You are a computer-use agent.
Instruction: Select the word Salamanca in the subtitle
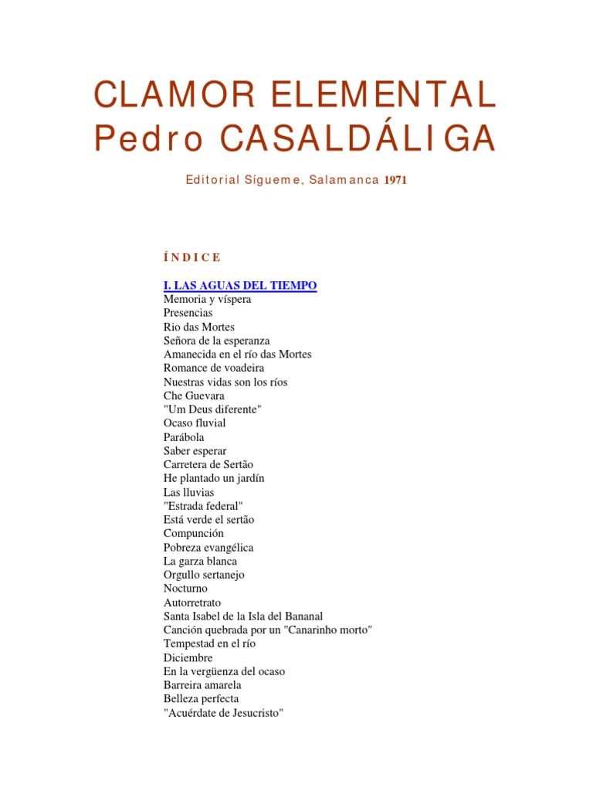pyautogui.click(x=344, y=181)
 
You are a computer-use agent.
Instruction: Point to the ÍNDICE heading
pyautogui.click(x=192, y=257)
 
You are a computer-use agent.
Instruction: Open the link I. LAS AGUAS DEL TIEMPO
pyautogui.click(x=240, y=286)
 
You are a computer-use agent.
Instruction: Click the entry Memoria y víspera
pyautogui.click(x=207, y=300)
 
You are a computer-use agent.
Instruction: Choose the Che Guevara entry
pyautogui.click(x=194, y=395)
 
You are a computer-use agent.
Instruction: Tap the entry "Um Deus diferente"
pyautogui.click(x=212, y=409)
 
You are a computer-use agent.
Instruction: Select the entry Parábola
pyautogui.click(x=184, y=437)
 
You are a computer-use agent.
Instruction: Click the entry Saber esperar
pyautogui.click(x=195, y=451)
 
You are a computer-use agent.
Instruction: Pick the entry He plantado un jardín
pyautogui.click(x=214, y=478)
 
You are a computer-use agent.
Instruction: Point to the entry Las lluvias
pyautogui.click(x=188, y=492)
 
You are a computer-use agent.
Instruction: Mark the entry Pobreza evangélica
pyautogui.click(x=208, y=548)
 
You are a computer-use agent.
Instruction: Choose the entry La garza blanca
pyautogui.click(x=200, y=562)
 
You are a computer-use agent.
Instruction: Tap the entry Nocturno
pyautogui.click(x=185, y=589)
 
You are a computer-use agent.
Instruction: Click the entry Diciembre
pyautogui.click(x=188, y=658)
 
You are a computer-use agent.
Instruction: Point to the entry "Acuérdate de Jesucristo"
pyautogui.click(x=224, y=713)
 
